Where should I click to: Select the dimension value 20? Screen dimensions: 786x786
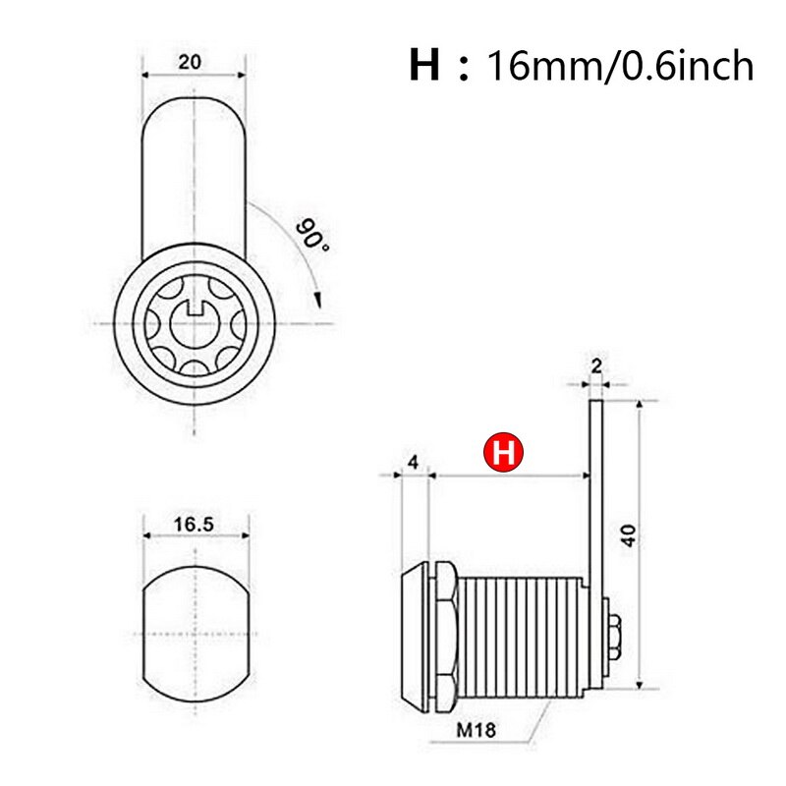(x=191, y=61)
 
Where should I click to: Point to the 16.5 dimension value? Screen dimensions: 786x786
(x=194, y=525)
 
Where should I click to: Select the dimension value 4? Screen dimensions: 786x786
(x=414, y=462)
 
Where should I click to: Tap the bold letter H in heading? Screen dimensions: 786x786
(x=423, y=68)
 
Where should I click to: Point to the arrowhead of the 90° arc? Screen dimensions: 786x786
(x=317, y=297)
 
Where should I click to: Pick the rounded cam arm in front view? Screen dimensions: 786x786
(x=194, y=177)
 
